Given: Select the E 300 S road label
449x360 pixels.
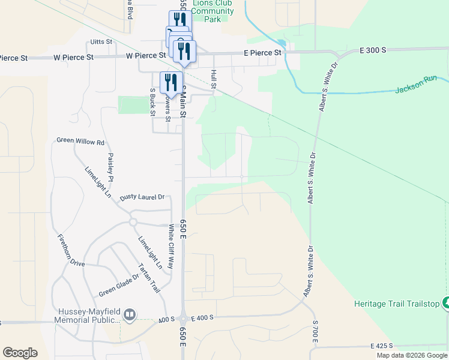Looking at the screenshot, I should pyautogui.click(x=373, y=50).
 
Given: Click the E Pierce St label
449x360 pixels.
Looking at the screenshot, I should pyautogui.click(x=262, y=53).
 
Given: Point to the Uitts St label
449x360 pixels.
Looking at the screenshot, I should pyautogui.click(x=101, y=41).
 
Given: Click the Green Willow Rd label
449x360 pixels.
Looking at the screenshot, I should pyautogui.click(x=80, y=142).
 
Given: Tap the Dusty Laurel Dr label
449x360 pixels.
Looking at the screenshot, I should pyautogui.click(x=142, y=197).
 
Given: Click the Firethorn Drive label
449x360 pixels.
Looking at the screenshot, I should pyautogui.click(x=71, y=251).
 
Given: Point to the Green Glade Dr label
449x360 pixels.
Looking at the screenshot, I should pyautogui.click(x=115, y=285).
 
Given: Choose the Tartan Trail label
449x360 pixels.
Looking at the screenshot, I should pyautogui.click(x=149, y=278).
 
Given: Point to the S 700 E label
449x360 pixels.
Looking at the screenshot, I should pyautogui.click(x=315, y=332).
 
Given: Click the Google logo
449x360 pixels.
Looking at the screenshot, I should pyautogui.click(x=20, y=353).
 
